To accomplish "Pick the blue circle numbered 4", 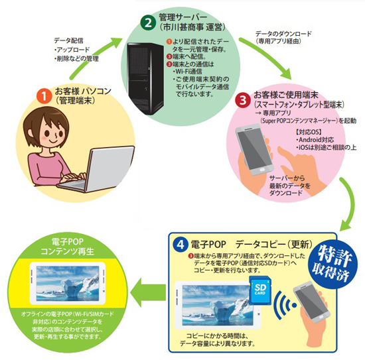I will click(x=180, y=243).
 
